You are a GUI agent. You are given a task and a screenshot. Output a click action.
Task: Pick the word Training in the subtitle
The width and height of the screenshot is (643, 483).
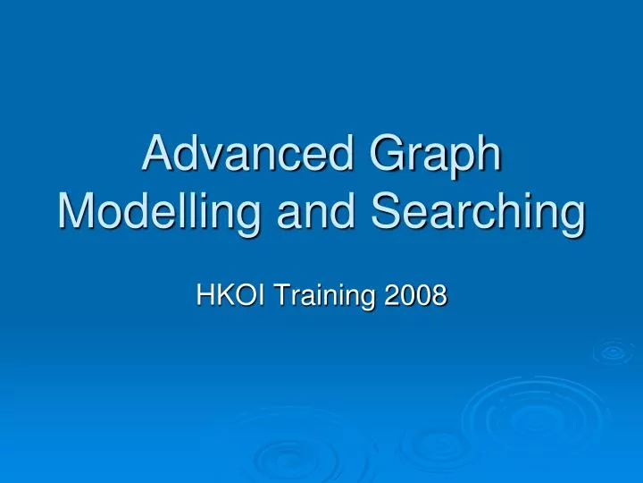tap(321, 292)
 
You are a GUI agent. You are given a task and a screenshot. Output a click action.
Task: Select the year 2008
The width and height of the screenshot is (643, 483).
tap(414, 292)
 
